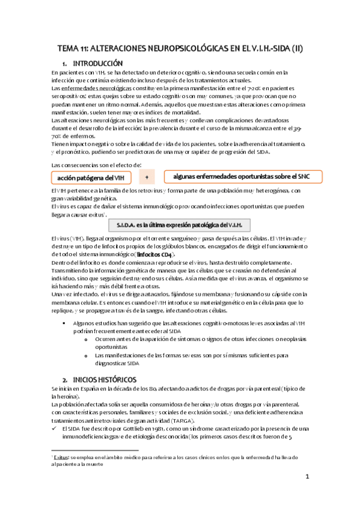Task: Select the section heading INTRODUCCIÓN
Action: (97, 63)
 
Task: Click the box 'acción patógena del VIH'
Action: (91, 177)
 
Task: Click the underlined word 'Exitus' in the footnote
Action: (63, 458)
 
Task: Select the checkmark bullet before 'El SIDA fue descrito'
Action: (55, 428)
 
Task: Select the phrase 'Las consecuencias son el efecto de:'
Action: (88, 164)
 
